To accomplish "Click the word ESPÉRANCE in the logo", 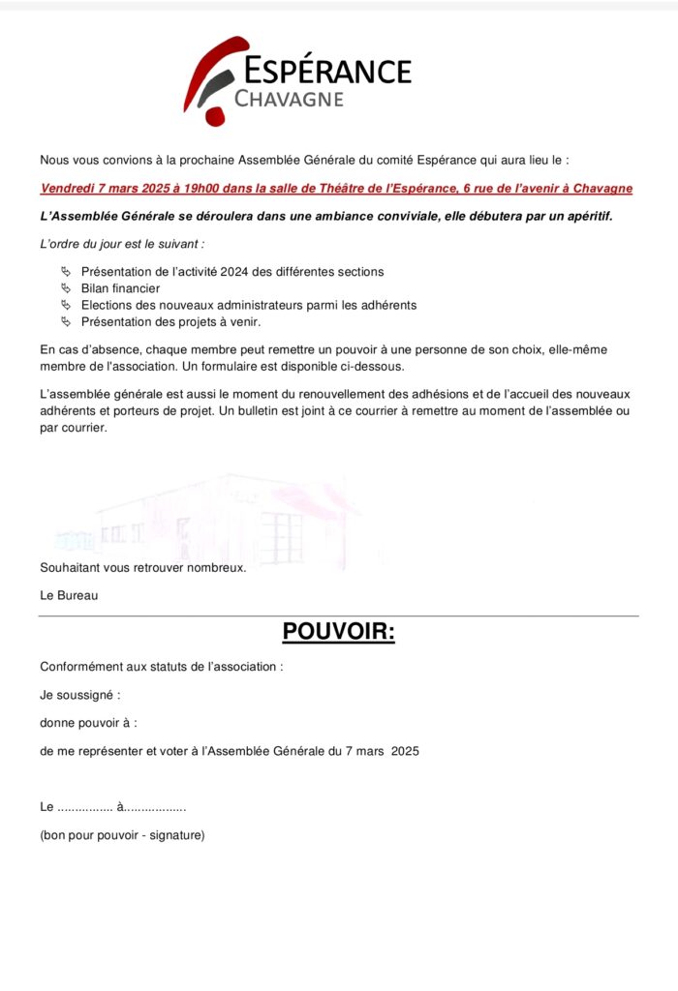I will click(x=327, y=71).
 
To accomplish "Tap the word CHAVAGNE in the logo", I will click(x=290, y=99).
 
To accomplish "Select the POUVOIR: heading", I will click(x=339, y=632).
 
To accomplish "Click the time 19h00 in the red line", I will click(x=191, y=189).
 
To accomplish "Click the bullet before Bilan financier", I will click(x=66, y=288).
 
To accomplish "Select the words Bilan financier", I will click(x=121, y=288).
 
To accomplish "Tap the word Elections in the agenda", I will click(x=108, y=305).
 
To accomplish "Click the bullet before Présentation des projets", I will click(x=66, y=321).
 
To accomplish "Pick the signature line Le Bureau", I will click(x=69, y=595).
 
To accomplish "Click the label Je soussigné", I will click(x=79, y=695).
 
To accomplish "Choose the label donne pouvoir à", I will click(x=88, y=722).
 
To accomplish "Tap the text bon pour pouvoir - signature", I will click(x=122, y=835).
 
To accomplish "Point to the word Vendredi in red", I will click(x=67, y=189).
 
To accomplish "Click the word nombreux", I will click(x=216, y=568).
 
